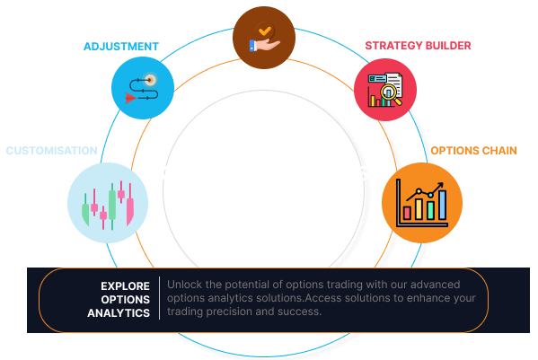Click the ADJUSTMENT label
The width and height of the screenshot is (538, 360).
121,46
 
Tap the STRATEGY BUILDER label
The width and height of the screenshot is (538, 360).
418,45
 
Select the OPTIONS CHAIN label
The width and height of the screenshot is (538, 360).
473,150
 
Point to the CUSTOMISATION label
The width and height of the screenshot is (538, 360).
51,150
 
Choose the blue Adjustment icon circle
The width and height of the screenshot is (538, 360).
142,88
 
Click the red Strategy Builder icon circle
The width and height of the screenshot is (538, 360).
385,88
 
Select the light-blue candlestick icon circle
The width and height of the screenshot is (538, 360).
109,203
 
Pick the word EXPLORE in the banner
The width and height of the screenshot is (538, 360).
126,285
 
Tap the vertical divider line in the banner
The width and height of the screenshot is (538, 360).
159,299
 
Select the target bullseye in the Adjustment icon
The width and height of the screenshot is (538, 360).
149,79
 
